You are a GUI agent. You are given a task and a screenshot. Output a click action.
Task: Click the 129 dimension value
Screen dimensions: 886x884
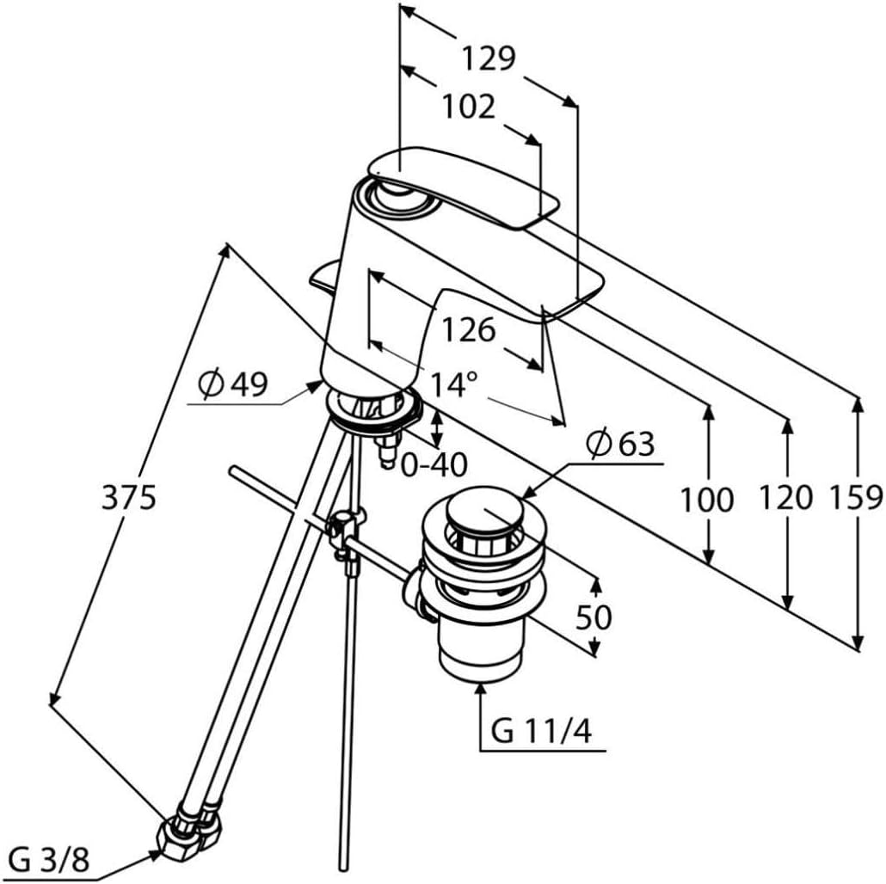coord(489,58)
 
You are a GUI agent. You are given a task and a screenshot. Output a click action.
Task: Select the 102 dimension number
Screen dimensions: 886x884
coord(468,106)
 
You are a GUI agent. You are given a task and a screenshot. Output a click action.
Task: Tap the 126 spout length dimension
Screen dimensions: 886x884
coord(468,329)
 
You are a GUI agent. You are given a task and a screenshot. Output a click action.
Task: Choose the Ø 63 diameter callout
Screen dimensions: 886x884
coord(620,444)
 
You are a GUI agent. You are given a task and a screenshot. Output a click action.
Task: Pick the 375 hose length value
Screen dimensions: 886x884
coord(128,498)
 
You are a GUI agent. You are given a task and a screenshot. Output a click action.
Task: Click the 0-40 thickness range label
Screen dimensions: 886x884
coord(434,465)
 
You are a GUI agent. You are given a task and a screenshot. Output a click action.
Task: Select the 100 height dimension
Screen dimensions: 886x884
coord(706,500)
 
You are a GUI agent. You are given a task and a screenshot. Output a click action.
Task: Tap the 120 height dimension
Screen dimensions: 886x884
coord(785,498)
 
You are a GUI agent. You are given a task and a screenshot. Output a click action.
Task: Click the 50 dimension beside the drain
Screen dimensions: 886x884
coord(594,617)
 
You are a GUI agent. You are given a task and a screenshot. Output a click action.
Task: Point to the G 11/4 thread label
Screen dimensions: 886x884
coord(541,731)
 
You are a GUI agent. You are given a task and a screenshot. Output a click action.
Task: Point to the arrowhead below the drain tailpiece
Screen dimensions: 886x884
coord(480,691)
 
